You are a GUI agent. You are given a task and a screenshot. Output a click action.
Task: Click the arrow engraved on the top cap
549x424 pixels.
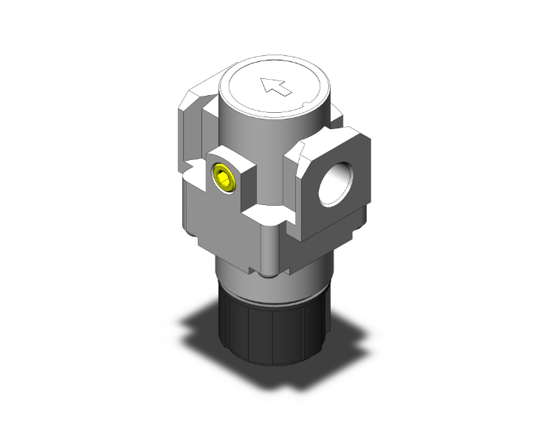pos(274,87)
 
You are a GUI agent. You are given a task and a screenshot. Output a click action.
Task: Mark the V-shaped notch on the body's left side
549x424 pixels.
pos(194,173)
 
